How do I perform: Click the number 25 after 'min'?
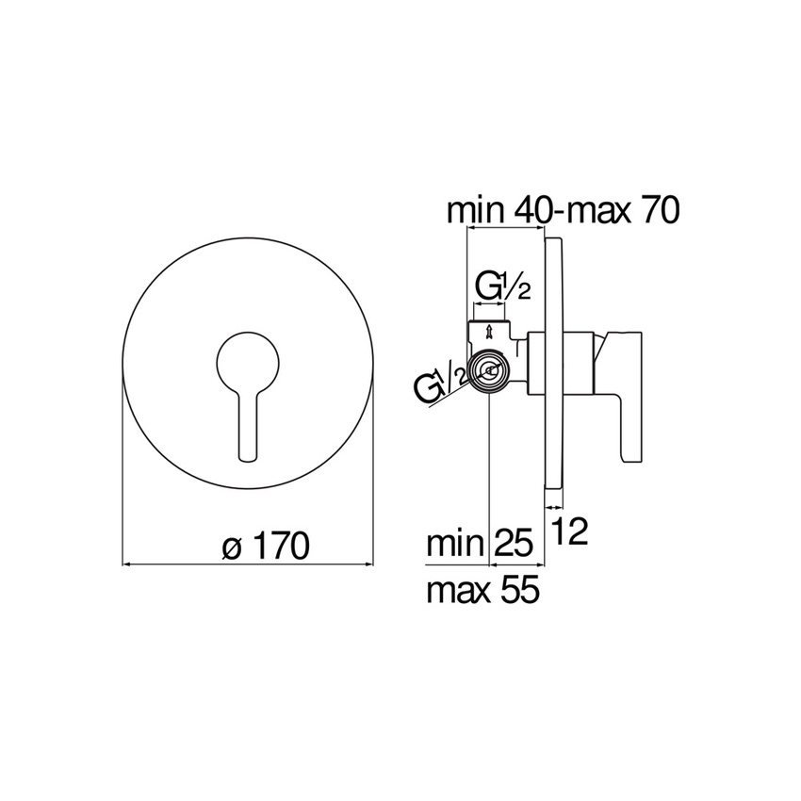tap(514, 544)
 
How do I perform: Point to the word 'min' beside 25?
tap(456, 544)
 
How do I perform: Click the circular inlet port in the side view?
tap(489, 371)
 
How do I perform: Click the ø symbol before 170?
tap(233, 548)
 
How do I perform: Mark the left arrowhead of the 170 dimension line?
tap(129, 564)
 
